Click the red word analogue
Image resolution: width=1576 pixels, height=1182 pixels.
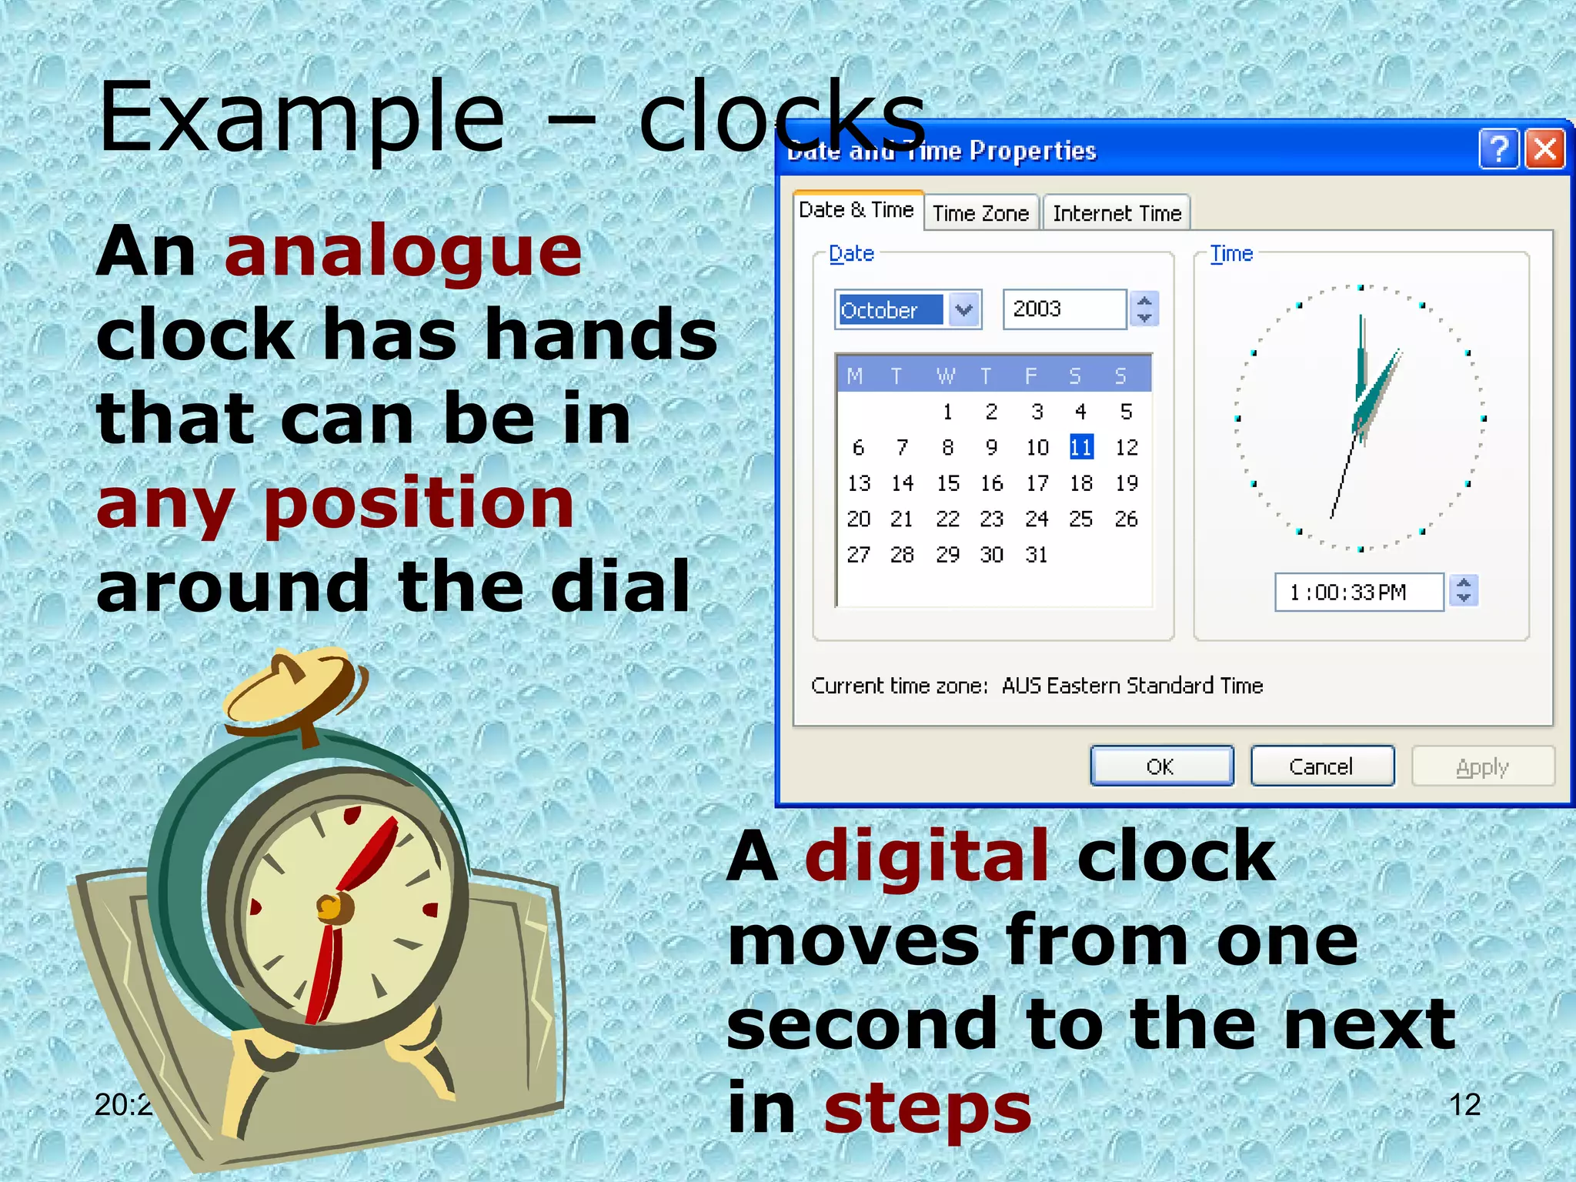pyautogui.click(x=403, y=254)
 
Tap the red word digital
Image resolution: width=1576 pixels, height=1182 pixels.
pyautogui.click(x=926, y=856)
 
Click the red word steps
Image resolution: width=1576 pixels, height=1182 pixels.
pyautogui.click(x=927, y=1109)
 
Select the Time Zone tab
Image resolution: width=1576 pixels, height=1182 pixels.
pyautogui.click(x=980, y=213)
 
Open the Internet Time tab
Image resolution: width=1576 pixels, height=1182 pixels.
pyautogui.click(x=1117, y=213)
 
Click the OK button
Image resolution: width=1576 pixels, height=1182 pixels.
pyautogui.click(x=1161, y=766)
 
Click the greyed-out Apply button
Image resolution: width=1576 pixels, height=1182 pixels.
pyautogui.click(x=1482, y=767)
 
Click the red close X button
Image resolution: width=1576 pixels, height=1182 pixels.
pyautogui.click(x=1545, y=149)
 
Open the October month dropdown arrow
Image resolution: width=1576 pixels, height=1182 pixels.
pyautogui.click(x=964, y=310)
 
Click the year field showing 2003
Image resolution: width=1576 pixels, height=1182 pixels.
pyautogui.click(x=1063, y=309)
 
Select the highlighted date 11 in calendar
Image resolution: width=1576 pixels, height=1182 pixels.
pyautogui.click(x=1081, y=447)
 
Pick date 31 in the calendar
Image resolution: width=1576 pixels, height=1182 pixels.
pyautogui.click(x=1037, y=555)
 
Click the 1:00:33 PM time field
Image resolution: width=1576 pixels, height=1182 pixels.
pyautogui.click(x=1357, y=593)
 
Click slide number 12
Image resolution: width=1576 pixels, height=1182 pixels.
pyautogui.click(x=1464, y=1105)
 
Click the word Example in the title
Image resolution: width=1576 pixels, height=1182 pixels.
pyautogui.click(x=302, y=118)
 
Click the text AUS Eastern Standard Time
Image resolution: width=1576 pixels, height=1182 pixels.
pyautogui.click(x=1132, y=686)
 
